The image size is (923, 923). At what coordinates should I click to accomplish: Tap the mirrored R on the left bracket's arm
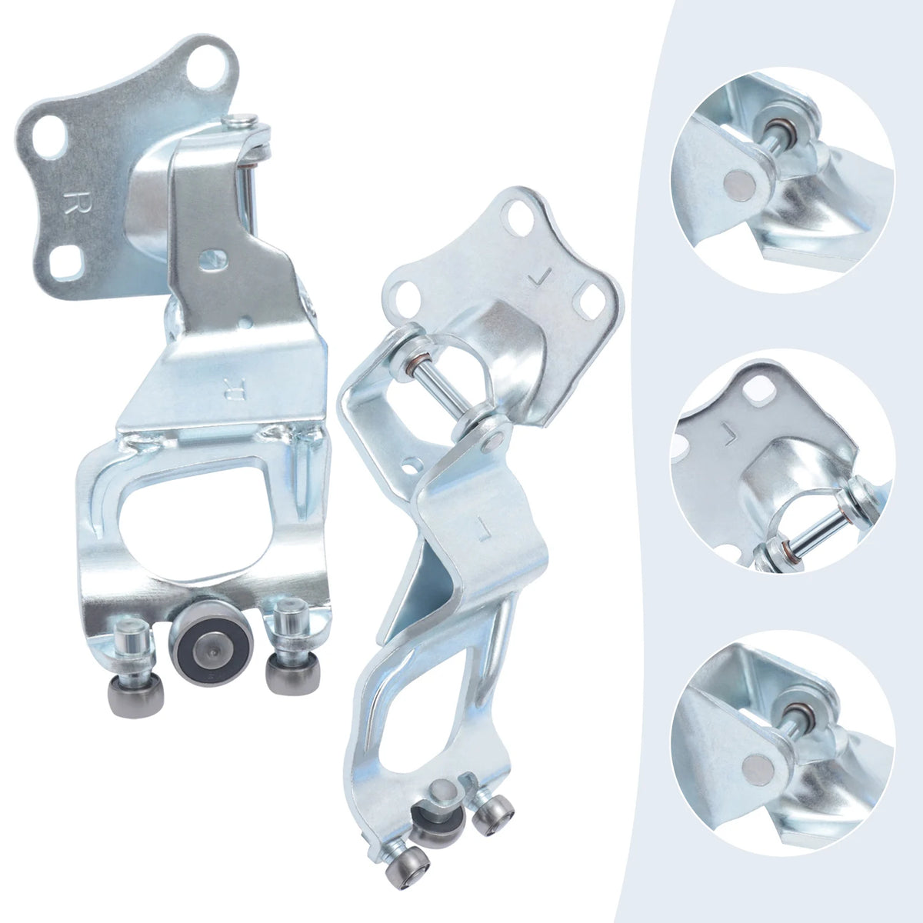(x=235, y=387)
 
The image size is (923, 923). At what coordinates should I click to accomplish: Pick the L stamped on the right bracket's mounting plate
(x=540, y=276)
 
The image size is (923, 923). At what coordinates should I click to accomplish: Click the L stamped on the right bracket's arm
(x=485, y=528)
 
